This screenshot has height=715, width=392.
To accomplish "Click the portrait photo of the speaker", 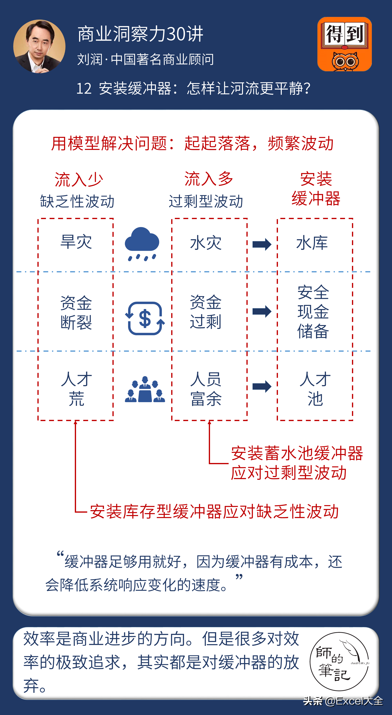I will point(39,46).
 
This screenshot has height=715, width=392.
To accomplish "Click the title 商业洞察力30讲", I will point(140,34).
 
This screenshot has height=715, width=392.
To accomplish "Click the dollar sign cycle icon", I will point(145,318).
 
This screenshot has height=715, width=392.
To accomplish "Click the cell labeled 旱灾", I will point(76,242).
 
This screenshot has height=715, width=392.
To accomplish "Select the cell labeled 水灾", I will point(206,243).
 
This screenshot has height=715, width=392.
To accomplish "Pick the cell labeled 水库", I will point(312,243).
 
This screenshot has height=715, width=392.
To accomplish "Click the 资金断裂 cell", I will point(76,312).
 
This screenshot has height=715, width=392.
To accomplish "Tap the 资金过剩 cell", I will point(206,312).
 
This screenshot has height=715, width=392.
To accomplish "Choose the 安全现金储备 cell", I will point(313,312).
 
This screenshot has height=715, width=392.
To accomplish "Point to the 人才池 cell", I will point(315,389).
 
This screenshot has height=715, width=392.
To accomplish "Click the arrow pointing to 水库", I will point(262,244).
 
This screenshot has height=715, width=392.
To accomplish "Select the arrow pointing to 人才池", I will point(262,386).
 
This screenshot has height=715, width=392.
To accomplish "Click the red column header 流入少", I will point(79,180).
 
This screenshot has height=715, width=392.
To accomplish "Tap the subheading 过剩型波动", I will point(206,201).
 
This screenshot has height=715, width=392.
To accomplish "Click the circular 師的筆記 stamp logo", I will point(339,662).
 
